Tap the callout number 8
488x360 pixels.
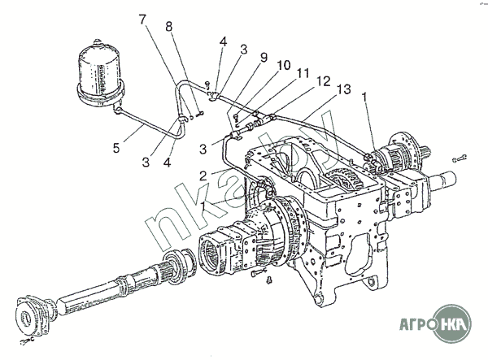tap(169, 26)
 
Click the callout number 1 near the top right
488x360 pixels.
tap(365, 96)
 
